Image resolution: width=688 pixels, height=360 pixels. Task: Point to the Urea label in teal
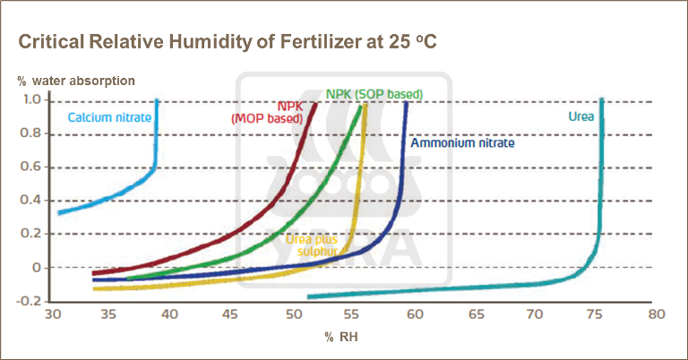pyautogui.click(x=581, y=116)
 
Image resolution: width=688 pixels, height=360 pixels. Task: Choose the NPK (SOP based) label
pyautogui.click(x=374, y=93)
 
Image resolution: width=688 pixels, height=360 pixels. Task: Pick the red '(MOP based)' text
pyautogui.click(x=265, y=118)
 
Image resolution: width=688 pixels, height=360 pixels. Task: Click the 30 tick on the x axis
pyautogui.click(x=53, y=315)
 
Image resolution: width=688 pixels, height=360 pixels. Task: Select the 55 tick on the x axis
pyautogui.click(x=354, y=315)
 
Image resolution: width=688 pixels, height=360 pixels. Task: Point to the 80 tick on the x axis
pyautogui.click(x=656, y=315)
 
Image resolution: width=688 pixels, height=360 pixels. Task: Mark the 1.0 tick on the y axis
pyautogui.click(x=31, y=100)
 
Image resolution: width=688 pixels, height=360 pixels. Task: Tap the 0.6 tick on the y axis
pyautogui.click(x=31, y=167)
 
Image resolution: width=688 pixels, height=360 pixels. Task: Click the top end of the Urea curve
pyautogui.click(x=602, y=100)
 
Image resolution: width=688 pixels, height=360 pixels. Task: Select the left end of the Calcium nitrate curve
pyautogui.click(x=59, y=212)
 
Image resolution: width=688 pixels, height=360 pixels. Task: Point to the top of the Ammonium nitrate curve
pyautogui.click(x=407, y=103)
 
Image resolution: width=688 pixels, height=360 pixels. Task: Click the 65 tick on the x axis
pyautogui.click(x=475, y=315)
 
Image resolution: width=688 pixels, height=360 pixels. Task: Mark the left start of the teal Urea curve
pyautogui.click(x=309, y=296)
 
